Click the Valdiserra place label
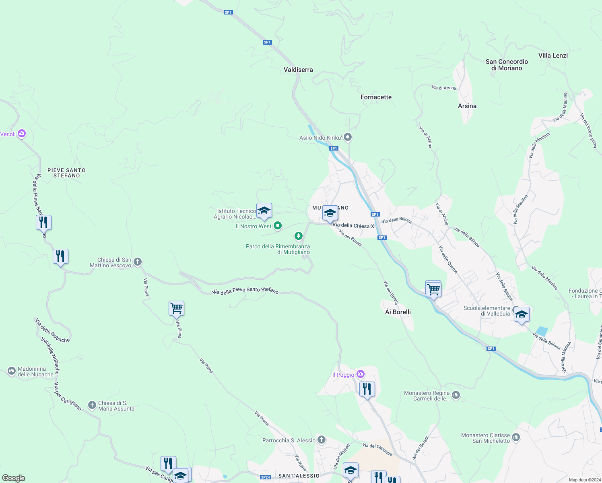298,70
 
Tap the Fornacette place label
376,97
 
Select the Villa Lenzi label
553,56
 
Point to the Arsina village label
467,106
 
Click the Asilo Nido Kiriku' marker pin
348,137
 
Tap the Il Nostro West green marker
278,226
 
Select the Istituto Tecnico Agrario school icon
264,211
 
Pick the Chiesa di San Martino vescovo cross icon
138,262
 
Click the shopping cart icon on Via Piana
176,309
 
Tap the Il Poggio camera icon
361,374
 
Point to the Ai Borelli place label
398,312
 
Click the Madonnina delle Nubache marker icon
12,371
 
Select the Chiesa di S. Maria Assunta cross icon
92,405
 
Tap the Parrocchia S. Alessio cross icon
321,440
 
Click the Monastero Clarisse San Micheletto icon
516,437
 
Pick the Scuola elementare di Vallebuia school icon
522,314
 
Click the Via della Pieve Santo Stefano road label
245,290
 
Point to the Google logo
13,478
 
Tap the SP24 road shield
266,477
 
